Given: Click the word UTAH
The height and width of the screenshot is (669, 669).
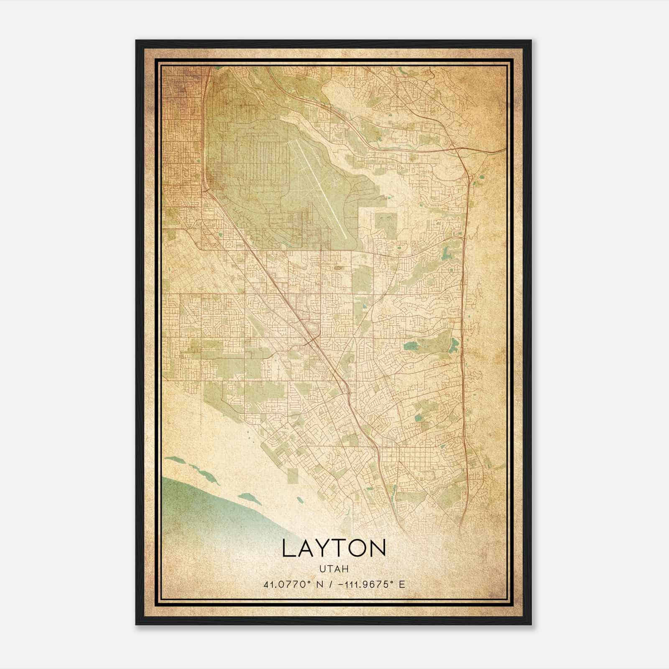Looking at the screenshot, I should (x=334, y=569).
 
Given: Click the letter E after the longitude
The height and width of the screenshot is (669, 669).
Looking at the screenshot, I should (x=402, y=585).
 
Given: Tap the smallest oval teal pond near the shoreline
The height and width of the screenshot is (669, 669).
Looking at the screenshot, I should (x=300, y=500).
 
